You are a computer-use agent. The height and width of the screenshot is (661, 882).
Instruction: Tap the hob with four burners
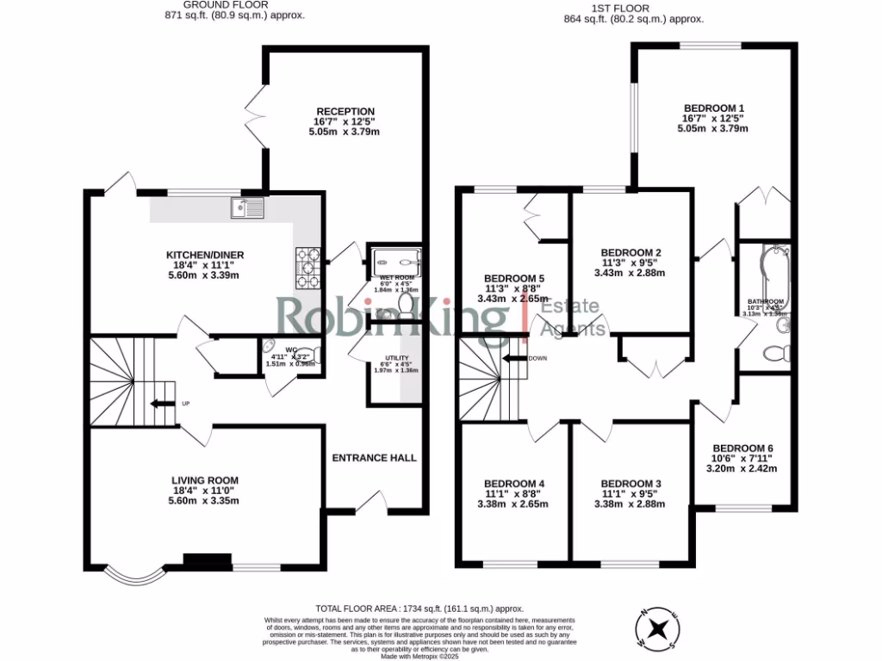(308, 268)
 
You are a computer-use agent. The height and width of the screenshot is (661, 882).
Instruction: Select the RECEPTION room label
(345, 111)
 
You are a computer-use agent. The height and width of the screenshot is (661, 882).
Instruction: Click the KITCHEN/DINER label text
(206, 255)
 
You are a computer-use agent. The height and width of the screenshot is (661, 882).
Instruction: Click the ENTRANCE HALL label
(375, 458)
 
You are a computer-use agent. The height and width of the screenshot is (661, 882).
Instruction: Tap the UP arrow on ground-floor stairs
(160, 403)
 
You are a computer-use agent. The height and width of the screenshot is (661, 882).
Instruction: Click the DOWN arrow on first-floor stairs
(517, 359)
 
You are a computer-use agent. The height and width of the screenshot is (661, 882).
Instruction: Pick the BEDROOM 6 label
(742, 448)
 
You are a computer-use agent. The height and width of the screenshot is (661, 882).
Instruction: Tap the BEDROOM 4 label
(513, 484)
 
